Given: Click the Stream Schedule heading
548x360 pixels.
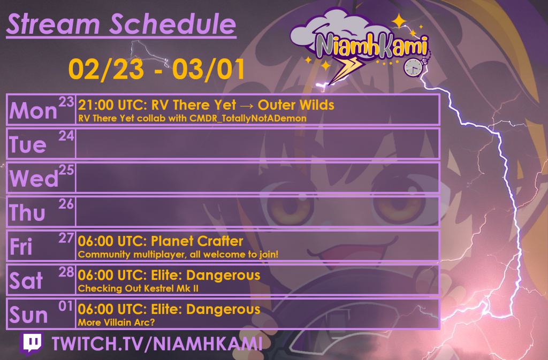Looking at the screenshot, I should click(121, 24).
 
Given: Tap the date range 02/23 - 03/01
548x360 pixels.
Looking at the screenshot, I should click(157, 69).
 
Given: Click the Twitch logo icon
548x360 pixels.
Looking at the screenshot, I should click(32, 343).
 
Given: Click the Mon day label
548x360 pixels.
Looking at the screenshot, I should click(33, 111).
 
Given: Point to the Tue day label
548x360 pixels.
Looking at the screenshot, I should click(28, 144).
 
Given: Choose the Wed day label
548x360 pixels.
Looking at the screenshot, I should click(34, 179).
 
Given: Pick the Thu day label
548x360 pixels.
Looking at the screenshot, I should click(27, 213).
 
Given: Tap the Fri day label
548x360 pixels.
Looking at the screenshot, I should click(21, 247).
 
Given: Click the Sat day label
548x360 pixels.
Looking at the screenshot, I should click(26, 281).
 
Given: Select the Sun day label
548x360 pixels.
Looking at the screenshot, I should click(28, 316).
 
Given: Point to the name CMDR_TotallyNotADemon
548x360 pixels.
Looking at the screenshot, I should click(248, 118).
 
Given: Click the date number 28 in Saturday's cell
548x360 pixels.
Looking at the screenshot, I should click(66, 272).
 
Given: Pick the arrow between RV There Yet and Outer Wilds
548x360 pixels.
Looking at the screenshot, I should click(245, 105).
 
